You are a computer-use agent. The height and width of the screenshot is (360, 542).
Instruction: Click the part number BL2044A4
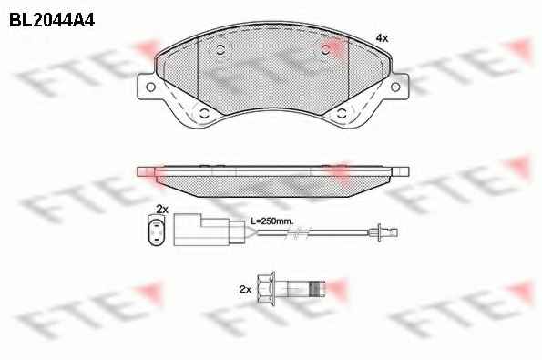(52, 20)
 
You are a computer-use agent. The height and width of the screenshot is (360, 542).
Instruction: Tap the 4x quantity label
(382, 38)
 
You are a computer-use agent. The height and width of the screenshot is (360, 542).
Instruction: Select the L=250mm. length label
(272, 221)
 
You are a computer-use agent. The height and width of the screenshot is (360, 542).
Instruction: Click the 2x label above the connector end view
(162, 210)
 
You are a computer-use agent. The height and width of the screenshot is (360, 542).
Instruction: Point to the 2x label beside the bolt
(245, 289)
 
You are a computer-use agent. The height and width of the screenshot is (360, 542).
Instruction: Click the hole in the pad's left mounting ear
(150, 87)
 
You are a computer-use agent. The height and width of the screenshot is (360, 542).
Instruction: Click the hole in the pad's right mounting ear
(395, 87)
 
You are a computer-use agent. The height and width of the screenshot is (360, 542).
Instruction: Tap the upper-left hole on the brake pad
(220, 50)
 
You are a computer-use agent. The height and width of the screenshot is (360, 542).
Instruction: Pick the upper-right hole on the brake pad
(325, 50)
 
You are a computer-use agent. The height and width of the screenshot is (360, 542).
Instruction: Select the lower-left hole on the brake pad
(204, 113)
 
